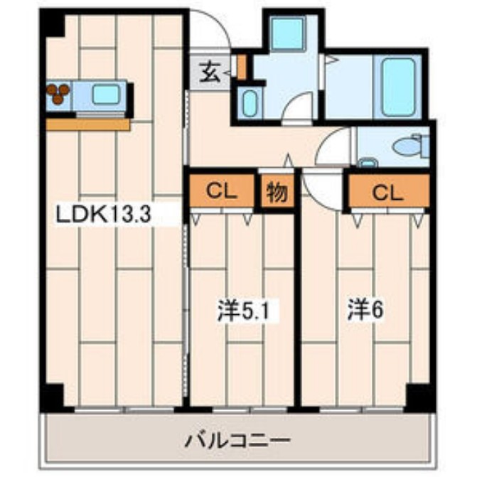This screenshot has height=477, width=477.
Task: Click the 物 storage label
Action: pos(277,192)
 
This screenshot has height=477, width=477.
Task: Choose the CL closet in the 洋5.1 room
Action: pos(222,191)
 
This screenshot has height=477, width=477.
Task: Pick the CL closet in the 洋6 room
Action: pos(388,191)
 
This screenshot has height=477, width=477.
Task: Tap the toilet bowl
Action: pos(408,147)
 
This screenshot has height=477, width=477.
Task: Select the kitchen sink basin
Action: pos(106,93)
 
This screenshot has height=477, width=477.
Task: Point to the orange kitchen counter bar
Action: pos(88,124)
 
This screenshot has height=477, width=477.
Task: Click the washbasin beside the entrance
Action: pos(248,104)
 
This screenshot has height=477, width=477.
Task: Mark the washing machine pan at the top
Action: pos(289,32)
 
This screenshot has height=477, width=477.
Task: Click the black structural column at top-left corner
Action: pos(52,23)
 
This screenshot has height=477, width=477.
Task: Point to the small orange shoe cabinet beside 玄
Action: pos(241,68)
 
